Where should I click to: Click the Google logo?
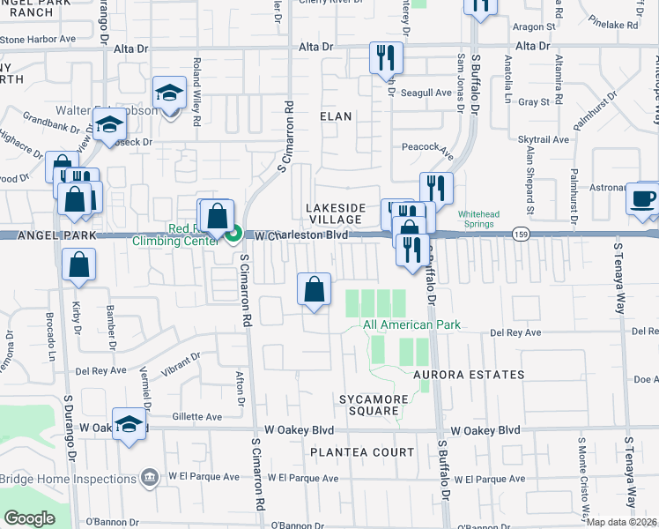[28, 518]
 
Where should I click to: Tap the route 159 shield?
[520, 234]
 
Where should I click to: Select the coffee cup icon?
[642, 197]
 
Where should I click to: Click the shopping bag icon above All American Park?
[315, 289]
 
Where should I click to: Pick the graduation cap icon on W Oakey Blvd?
[130, 424]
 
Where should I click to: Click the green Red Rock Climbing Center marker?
[234, 235]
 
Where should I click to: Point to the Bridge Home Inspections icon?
[150, 478]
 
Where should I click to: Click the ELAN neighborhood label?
[336, 116]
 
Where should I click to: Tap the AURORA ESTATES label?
[469, 375]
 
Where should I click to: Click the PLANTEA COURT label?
[361, 452]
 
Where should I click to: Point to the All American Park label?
[411, 325]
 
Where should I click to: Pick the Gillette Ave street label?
[201, 416]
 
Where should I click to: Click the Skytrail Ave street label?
[545, 140]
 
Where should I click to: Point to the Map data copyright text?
[622, 522]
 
